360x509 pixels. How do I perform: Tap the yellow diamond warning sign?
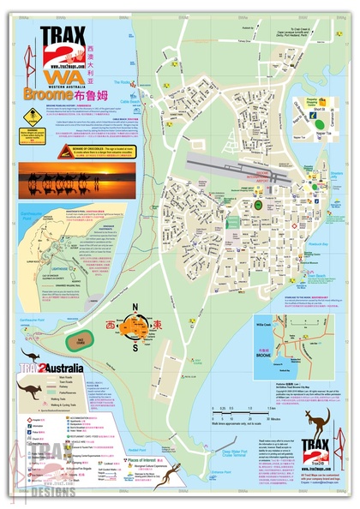[x=32, y=116]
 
